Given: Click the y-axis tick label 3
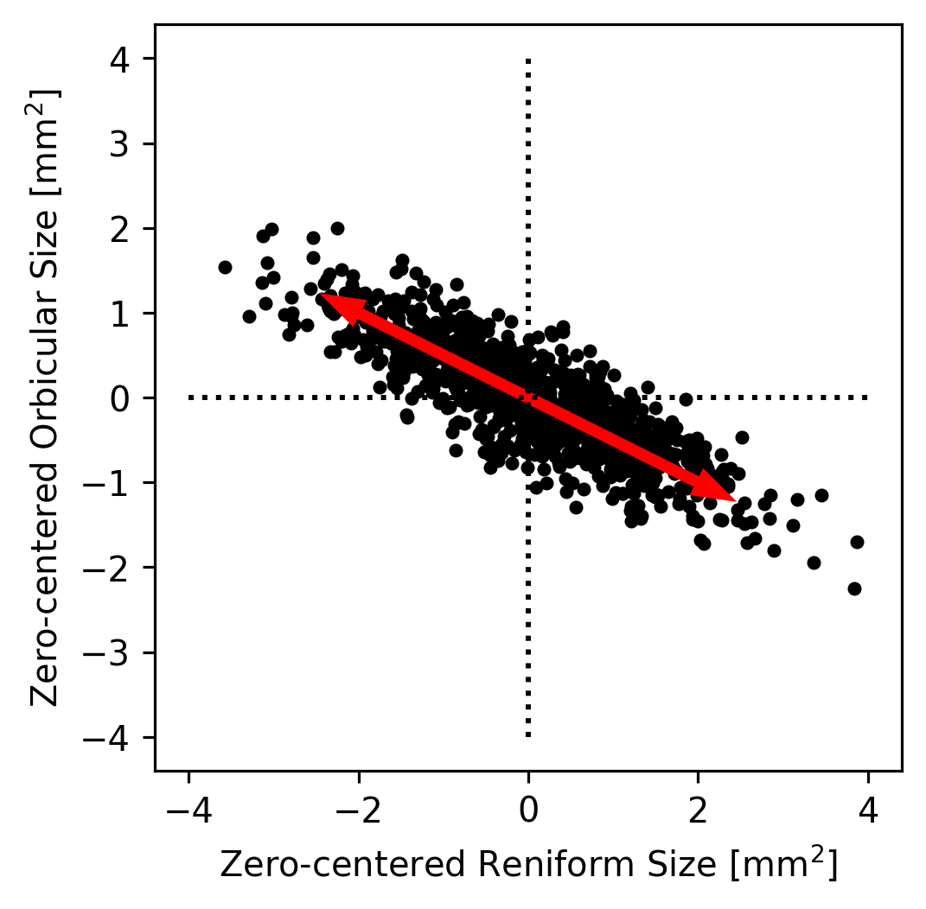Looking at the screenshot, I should pyautogui.click(x=125, y=143).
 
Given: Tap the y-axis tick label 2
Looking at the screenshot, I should pyautogui.click(x=125, y=228).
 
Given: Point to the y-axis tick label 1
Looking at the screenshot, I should pyautogui.click(x=125, y=313).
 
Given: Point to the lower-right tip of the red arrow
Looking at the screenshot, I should pyautogui.click(x=736, y=500).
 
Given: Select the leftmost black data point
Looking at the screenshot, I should pyautogui.click(x=225, y=267).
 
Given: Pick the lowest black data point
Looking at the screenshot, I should pyautogui.click(x=854, y=588).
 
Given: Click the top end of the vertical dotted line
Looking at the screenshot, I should pyautogui.click(x=528, y=60).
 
